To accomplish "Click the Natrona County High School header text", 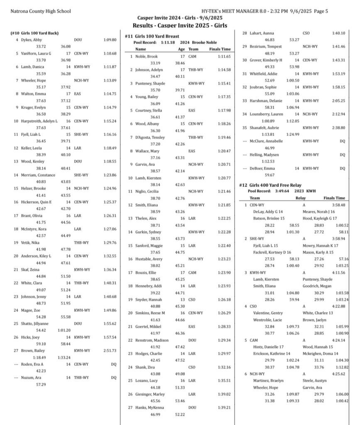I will [41, 11].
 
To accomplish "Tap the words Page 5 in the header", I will [319, 11].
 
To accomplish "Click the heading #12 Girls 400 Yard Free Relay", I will [271, 185].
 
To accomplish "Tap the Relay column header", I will [300, 198].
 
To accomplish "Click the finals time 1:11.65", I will [224, 56].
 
